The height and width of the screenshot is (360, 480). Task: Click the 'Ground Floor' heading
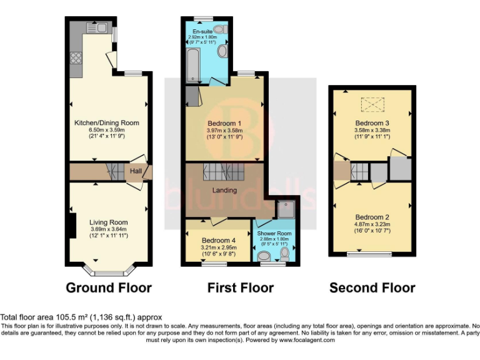coord(109,288)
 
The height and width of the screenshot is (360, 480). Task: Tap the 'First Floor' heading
coord(241,288)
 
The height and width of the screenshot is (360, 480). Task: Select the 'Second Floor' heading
coord(372,288)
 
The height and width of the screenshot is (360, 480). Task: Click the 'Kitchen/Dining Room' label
coord(106,122)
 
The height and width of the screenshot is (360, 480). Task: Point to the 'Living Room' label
coord(108,222)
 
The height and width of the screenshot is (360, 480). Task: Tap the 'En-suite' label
coord(202,31)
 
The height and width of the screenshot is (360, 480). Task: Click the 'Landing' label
coord(224,190)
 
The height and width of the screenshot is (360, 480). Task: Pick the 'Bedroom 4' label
coord(219,240)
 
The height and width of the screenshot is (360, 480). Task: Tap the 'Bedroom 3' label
coord(372,123)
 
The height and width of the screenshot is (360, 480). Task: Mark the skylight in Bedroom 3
coord(373,102)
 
